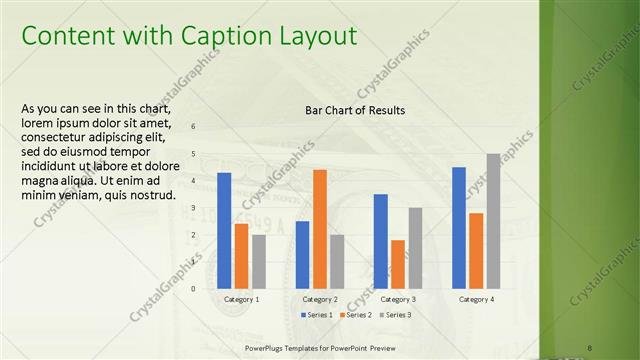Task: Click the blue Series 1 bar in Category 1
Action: (x=224, y=230)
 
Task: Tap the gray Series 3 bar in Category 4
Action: (x=494, y=221)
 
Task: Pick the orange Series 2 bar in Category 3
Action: (x=398, y=264)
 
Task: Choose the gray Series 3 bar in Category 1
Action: (x=259, y=261)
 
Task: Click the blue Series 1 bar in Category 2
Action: (x=302, y=254)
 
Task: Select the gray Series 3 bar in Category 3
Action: (x=415, y=248)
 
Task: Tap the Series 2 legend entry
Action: (x=358, y=315)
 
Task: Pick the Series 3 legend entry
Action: (x=397, y=315)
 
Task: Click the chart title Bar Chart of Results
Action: (x=355, y=110)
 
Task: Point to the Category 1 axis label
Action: (x=241, y=299)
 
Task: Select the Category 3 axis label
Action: (x=397, y=299)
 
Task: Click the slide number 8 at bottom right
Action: (x=591, y=348)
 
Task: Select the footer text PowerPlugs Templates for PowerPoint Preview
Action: (x=327, y=348)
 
